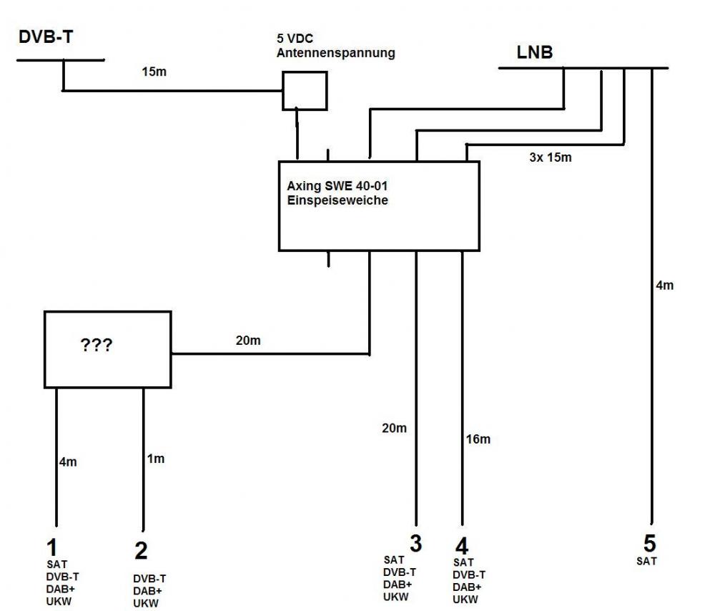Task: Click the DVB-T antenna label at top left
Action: pyautogui.click(x=45, y=37)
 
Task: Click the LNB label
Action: pyautogui.click(x=535, y=52)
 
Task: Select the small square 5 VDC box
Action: pyautogui.click(x=305, y=90)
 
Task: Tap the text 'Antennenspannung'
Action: pyautogui.click(x=336, y=53)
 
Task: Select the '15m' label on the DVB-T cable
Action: pyautogui.click(x=152, y=72)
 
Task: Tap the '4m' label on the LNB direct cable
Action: pyautogui.click(x=664, y=285)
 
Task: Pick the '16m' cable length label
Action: pyautogui.click(x=478, y=439)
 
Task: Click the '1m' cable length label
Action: pyautogui.click(x=156, y=459)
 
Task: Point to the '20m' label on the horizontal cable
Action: pyautogui.click(x=248, y=341)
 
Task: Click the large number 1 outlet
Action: pyautogui.click(x=51, y=548)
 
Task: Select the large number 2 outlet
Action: pyautogui.click(x=141, y=551)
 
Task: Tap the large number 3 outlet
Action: pyautogui.click(x=415, y=543)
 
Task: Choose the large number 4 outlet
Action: pyautogui.click(x=462, y=547)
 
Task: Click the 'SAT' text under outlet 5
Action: pyautogui.click(x=646, y=562)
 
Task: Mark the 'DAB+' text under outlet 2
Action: pyautogui.click(x=147, y=591)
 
